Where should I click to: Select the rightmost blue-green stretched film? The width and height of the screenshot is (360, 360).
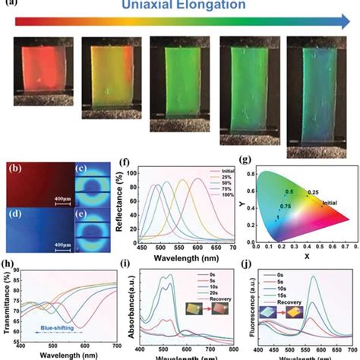point(317,95)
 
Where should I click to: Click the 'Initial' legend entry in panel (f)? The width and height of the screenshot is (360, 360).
point(227,172)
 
